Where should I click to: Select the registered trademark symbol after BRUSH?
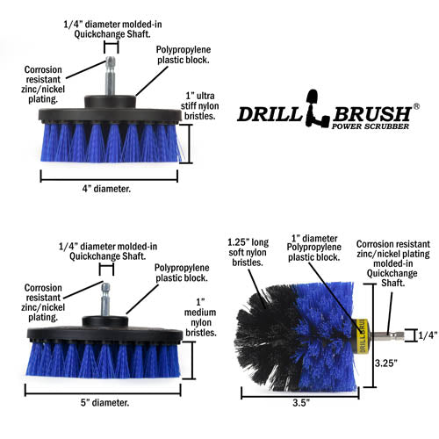[x=416, y=105]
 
